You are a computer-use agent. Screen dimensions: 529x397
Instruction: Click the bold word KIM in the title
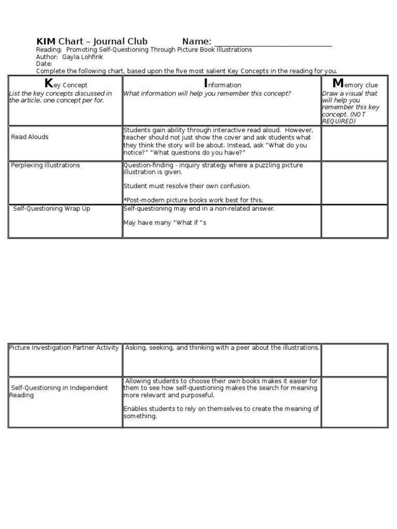pyautogui.click(x=45, y=41)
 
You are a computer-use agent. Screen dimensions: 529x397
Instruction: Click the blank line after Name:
pyautogui.click(x=272, y=42)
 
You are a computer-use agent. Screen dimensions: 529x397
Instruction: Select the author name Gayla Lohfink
pyautogui.click(x=82, y=57)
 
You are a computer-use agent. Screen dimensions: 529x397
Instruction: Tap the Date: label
pyautogui.click(x=44, y=64)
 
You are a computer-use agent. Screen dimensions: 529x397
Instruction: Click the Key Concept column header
pyautogui.click(x=66, y=84)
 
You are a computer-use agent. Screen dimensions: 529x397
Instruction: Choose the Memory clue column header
pyautogui.click(x=355, y=84)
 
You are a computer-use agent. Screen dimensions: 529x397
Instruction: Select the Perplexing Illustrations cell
pyautogui.click(x=45, y=165)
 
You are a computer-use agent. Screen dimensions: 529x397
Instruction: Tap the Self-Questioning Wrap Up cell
pyautogui.click(x=51, y=209)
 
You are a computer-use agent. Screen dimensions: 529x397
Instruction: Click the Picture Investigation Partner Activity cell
pyautogui.click(x=64, y=348)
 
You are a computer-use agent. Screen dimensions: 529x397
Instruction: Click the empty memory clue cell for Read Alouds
pyautogui.click(x=354, y=143)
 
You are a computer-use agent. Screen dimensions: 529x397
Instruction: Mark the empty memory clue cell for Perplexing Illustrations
pyautogui.click(x=354, y=182)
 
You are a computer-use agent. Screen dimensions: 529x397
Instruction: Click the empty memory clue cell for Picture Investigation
pyautogui.click(x=354, y=360)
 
